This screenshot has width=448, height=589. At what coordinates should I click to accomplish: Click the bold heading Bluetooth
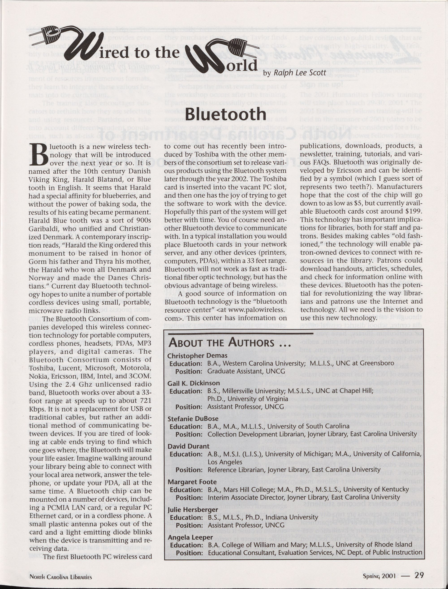point(226,115)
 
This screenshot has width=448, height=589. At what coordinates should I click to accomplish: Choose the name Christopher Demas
point(197,356)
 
